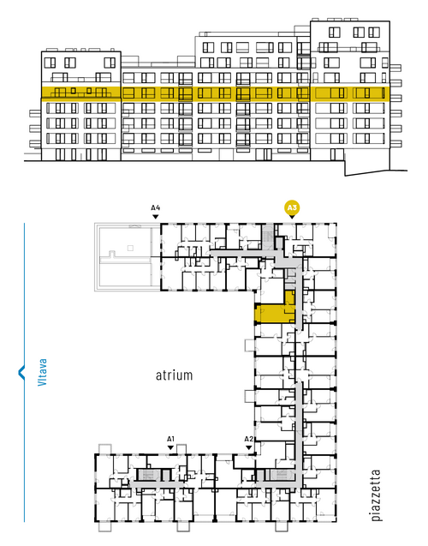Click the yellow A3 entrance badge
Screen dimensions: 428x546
(292, 208)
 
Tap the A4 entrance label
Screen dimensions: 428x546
(156, 208)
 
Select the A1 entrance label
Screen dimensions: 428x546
(170, 439)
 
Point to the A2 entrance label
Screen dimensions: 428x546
(248, 439)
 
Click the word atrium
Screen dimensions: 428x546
(174, 375)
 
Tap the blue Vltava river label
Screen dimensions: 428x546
(42, 372)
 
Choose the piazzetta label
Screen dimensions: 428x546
(376, 495)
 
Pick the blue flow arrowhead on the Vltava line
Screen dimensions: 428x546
(21, 372)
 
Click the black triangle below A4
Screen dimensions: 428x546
(156, 217)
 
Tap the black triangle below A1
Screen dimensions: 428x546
(170, 447)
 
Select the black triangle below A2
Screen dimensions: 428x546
(248, 447)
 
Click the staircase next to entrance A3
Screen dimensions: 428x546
(268, 236)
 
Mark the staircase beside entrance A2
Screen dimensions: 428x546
(279, 475)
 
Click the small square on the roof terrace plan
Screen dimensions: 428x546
(130, 248)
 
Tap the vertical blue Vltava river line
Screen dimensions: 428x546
(24, 372)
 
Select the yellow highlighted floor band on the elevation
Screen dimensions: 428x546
(215, 93)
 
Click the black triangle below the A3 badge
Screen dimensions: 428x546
(292, 217)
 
